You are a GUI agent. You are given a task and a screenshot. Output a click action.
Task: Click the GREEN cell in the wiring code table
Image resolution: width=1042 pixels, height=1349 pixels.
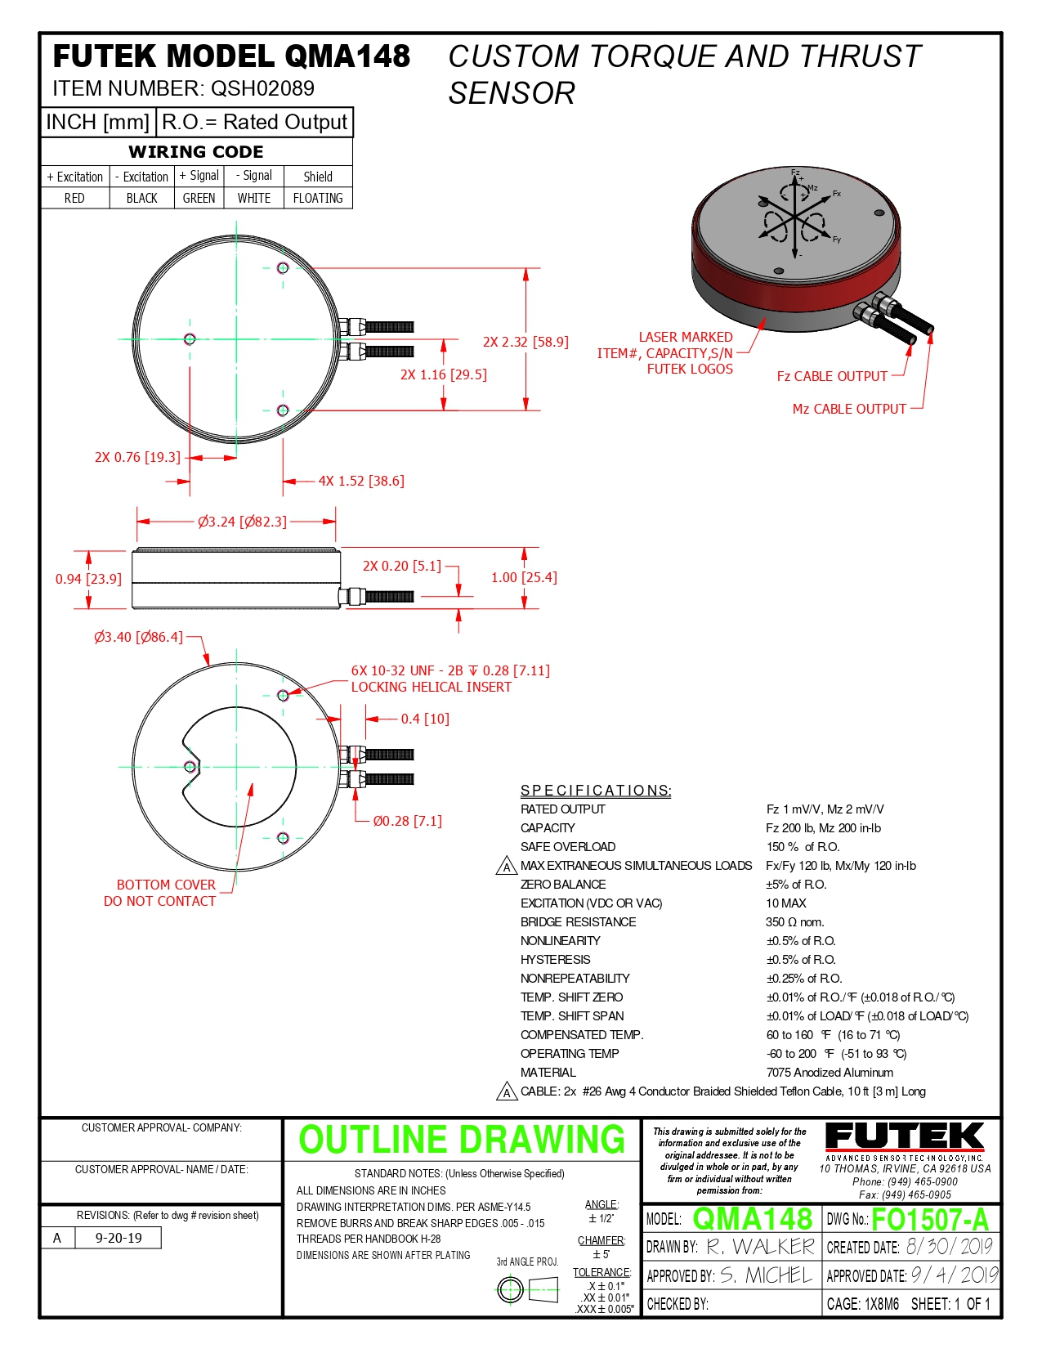pyautogui.click(x=199, y=198)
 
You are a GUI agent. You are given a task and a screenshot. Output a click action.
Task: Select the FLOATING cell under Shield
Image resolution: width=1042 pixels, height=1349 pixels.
pyautogui.click(x=318, y=198)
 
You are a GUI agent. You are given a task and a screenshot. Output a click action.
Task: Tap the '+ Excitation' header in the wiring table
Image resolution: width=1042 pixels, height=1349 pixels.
pyautogui.click(x=75, y=177)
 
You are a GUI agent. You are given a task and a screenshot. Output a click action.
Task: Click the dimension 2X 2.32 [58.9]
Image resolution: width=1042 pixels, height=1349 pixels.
pyautogui.click(x=525, y=342)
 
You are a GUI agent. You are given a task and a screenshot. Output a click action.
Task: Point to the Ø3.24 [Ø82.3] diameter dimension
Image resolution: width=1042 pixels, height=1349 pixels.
pyautogui.click(x=242, y=522)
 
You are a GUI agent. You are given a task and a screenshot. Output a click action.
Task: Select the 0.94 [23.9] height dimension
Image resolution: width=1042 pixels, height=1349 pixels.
pyautogui.click(x=88, y=579)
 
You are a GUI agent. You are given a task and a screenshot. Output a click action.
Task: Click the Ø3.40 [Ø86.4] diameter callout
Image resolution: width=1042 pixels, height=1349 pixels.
pyautogui.click(x=138, y=637)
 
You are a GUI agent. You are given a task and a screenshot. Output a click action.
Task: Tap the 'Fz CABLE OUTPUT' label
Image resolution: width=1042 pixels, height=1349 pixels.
pyautogui.click(x=832, y=376)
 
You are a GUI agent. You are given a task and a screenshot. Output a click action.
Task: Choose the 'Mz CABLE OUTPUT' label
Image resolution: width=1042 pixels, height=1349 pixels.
pyautogui.click(x=849, y=409)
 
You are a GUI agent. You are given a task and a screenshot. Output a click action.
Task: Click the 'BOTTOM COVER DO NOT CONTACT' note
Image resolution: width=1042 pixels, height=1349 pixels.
pyautogui.click(x=161, y=893)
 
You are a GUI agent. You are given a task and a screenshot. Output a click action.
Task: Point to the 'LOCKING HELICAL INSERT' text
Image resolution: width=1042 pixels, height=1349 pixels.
pyautogui.click(x=431, y=687)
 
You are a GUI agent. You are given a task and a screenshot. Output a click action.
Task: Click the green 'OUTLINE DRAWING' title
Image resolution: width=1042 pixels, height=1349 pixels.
pyautogui.click(x=462, y=1140)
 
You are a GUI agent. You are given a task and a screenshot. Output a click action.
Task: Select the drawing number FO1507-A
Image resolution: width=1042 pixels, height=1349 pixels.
pyautogui.click(x=930, y=1220)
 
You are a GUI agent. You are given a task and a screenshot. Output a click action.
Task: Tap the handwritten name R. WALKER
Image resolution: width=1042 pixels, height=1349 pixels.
pyautogui.click(x=760, y=1247)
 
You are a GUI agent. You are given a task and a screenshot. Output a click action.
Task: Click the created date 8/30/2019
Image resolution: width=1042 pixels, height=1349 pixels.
pyautogui.click(x=949, y=1247)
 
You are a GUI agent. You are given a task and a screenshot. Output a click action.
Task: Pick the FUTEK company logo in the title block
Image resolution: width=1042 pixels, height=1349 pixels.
pyautogui.click(x=905, y=1138)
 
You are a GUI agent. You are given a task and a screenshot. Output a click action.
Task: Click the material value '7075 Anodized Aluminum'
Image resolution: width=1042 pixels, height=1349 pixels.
pyautogui.click(x=830, y=1073)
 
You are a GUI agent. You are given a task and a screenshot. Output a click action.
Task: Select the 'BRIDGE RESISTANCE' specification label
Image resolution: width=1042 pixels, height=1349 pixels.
pyautogui.click(x=578, y=922)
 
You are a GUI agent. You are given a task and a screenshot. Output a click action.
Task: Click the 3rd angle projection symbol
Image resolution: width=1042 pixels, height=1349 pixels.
pyautogui.click(x=527, y=1290)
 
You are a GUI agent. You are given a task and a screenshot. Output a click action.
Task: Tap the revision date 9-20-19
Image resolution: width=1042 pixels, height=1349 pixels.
pyautogui.click(x=119, y=1238)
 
